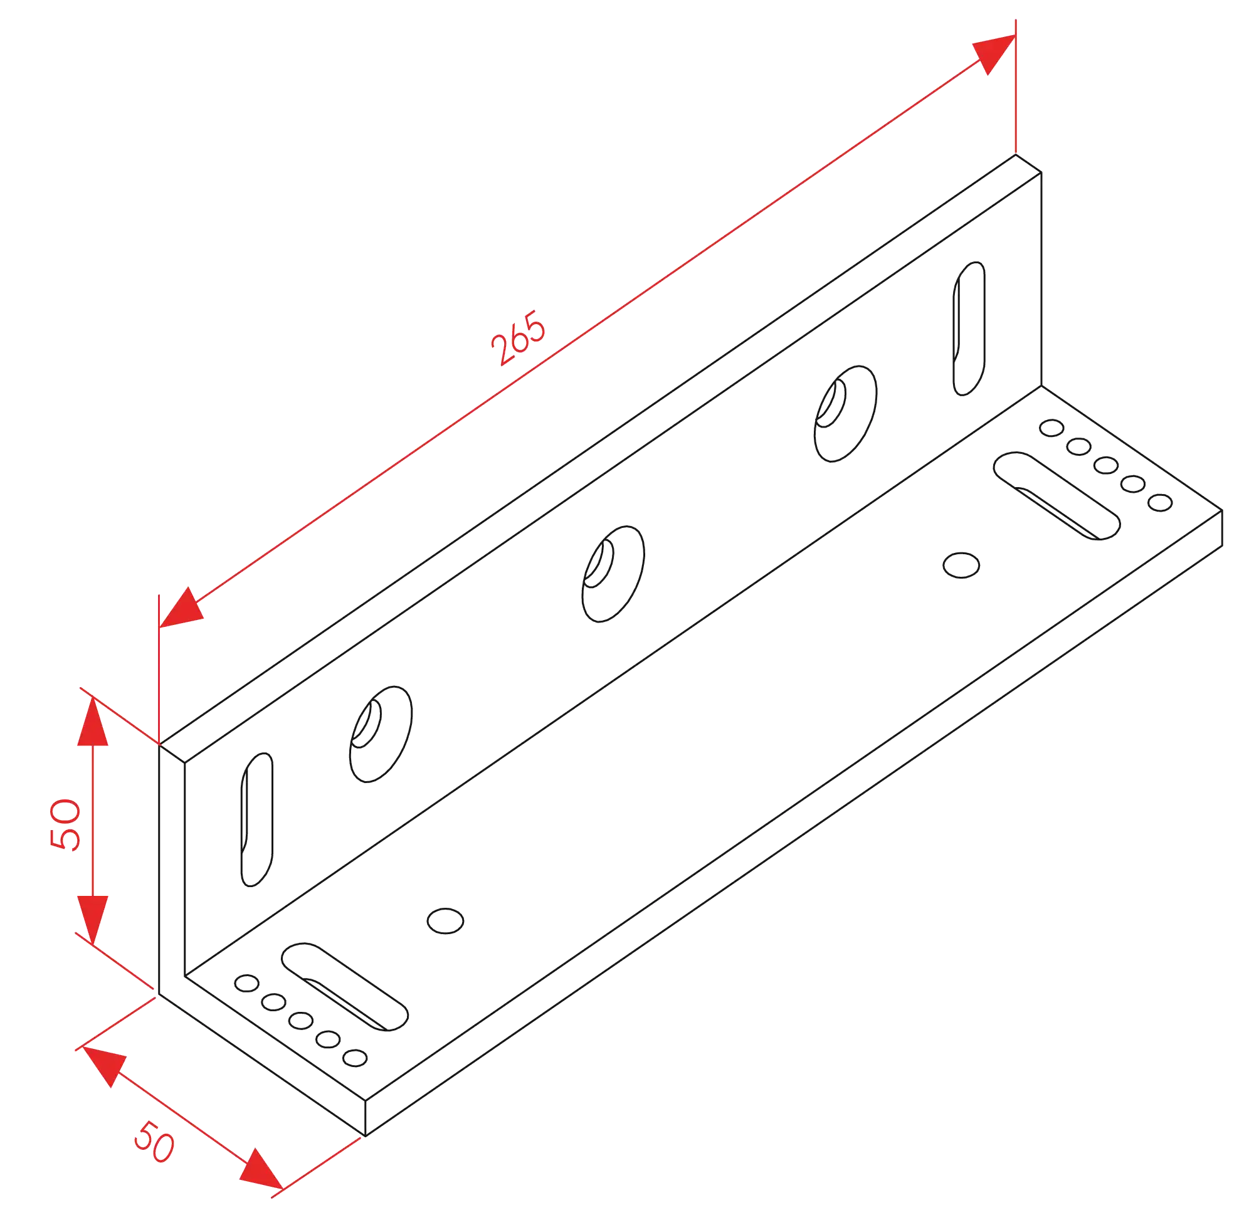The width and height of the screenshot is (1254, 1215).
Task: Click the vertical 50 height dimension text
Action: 66,825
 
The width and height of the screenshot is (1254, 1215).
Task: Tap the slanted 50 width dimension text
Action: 154,1142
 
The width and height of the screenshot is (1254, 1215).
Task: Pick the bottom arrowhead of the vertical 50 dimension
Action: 93,918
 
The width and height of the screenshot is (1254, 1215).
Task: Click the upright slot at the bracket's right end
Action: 969,328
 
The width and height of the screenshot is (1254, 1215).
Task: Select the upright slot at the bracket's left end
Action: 258,819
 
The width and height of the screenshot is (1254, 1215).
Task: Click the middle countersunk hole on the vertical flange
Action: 614,572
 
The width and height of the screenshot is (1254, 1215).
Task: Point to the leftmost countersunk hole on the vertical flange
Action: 381,733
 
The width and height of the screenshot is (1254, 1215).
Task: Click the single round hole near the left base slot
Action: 446,922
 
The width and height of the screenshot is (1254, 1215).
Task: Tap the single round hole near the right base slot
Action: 962,565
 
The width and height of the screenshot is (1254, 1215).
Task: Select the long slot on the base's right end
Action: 1058,496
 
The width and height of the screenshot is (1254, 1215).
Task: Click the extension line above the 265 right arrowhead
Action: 1015,90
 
